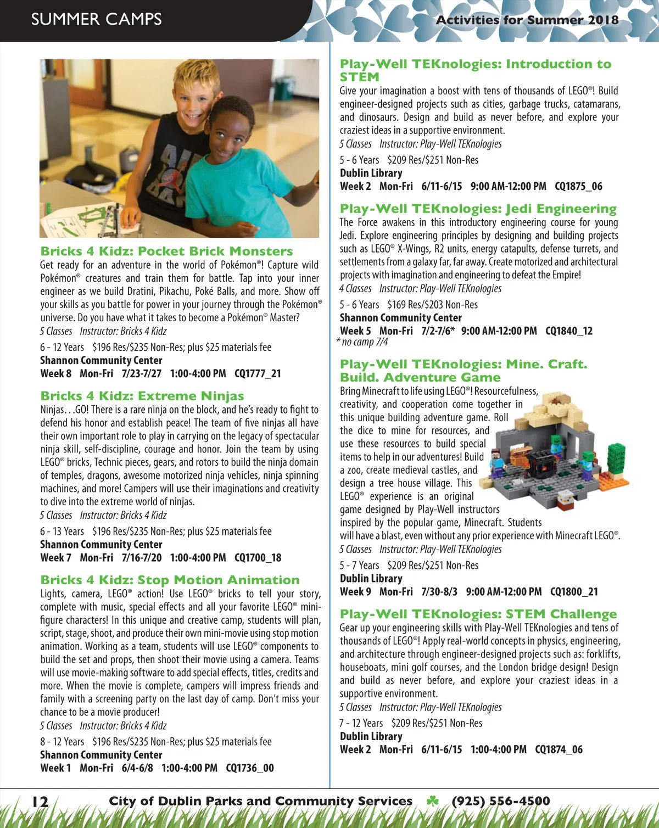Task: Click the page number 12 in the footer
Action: point(40,802)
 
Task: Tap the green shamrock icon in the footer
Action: point(433,801)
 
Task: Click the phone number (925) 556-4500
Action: point(500,801)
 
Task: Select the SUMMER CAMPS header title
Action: point(96,19)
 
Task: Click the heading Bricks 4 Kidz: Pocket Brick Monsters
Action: point(166,251)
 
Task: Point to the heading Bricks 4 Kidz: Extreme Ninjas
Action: point(142,396)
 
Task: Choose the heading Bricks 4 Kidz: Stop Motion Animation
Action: point(170,580)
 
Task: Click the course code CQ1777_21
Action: point(258,374)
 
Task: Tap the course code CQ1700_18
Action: point(258,558)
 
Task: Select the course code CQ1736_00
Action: point(249,768)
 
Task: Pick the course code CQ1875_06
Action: point(578,187)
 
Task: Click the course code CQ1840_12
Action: point(569,331)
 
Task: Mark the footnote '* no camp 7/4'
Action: point(362,342)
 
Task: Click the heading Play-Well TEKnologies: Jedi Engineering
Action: point(478,209)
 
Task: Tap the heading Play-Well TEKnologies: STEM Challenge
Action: point(478,614)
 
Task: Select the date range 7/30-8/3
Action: point(439,592)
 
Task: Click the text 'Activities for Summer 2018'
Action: point(527,20)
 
